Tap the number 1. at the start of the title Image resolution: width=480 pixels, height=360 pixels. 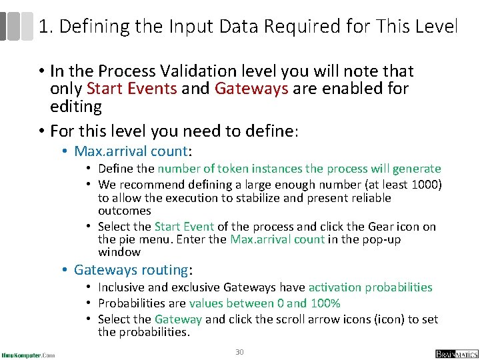[45, 27]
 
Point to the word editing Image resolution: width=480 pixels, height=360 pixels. [76, 107]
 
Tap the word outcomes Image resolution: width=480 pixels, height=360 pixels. [125, 211]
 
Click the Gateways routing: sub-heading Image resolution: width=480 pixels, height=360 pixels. [133, 270]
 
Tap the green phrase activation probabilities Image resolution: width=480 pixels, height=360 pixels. [370, 287]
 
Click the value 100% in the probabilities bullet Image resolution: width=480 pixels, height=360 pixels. [325, 303]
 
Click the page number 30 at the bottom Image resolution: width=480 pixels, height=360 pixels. [239, 351]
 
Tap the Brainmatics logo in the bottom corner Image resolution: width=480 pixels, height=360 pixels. [457, 353]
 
